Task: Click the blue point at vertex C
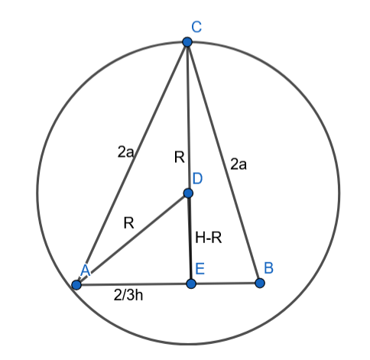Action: pyautogui.click(x=187, y=42)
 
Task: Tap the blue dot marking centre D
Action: pyautogui.click(x=188, y=193)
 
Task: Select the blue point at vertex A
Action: pyautogui.click(x=76, y=285)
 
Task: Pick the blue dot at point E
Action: pyautogui.click(x=191, y=284)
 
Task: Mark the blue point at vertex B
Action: pyautogui.click(x=260, y=284)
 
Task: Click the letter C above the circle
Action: pyautogui.click(x=196, y=27)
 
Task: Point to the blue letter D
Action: pyautogui.click(x=197, y=179)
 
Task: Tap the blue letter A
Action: pyautogui.click(x=86, y=271)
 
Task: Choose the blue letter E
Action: pyautogui.click(x=200, y=268)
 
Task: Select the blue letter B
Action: pyautogui.click(x=269, y=268)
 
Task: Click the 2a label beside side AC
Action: pyautogui.click(x=125, y=152)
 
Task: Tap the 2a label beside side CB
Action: pyautogui.click(x=239, y=164)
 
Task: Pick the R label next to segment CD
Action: pyautogui.click(x=180, y=157)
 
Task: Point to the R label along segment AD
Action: pyautogui.click(x=128, y=223)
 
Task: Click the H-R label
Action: pyautogui.click(x=209, y=238)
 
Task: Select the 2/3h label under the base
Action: pyautogui.click(x=128, y=295)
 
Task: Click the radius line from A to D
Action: pyautogui.click(x=132, y=239)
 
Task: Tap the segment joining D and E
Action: pyautogui.click(x=190, y=238)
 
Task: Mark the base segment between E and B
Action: pyautogui.click(x=226, y=284)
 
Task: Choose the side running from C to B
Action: pyautogui.click(x=223, y=163)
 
